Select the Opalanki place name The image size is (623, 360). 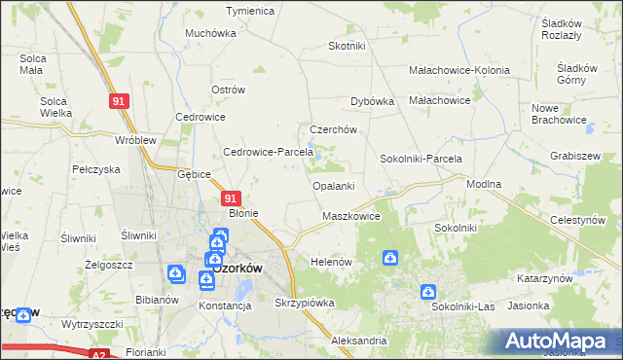333,186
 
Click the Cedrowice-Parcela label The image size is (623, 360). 268,152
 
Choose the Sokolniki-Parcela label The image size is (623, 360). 421,159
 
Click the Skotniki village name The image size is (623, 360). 347,46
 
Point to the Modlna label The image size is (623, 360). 484,184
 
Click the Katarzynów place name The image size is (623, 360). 544,278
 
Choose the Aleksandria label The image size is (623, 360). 359,342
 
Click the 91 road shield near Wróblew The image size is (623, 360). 119,101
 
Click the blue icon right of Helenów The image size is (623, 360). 389,258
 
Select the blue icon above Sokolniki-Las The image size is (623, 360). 427,291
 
